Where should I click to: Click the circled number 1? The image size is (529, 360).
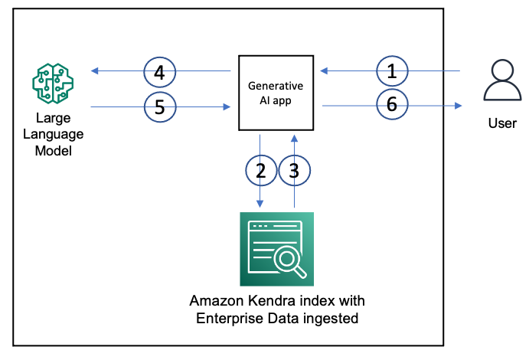[392, 72]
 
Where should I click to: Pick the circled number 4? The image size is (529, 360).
[159, 73]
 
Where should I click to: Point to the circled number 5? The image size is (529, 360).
[159, 107]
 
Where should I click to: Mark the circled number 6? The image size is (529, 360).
[392, 106]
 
